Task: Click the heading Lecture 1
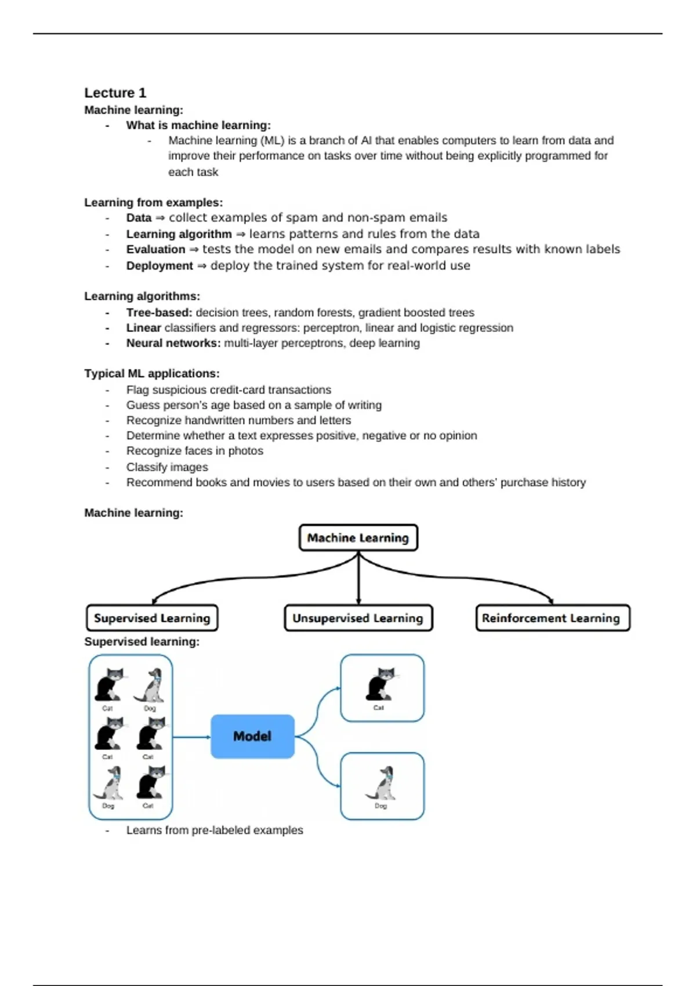[115, 93]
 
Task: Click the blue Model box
[252, 736]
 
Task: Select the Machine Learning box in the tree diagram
[358, 538]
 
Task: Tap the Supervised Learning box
[152, 618]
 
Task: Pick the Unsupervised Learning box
[358, 618]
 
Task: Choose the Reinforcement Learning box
[552, 618]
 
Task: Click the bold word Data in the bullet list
[139, 217]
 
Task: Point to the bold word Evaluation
[155, 249]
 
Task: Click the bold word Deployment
[159, 266]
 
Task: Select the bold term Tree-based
[159, 313]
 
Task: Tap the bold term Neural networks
[173, 343]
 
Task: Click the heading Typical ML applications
[151, 374]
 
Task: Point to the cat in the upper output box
[381, 684]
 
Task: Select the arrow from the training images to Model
[191, 737]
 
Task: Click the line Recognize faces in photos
[194, 451]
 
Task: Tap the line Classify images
[167, 467]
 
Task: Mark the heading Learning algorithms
[142, 296]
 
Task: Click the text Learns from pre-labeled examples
[215, 830]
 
